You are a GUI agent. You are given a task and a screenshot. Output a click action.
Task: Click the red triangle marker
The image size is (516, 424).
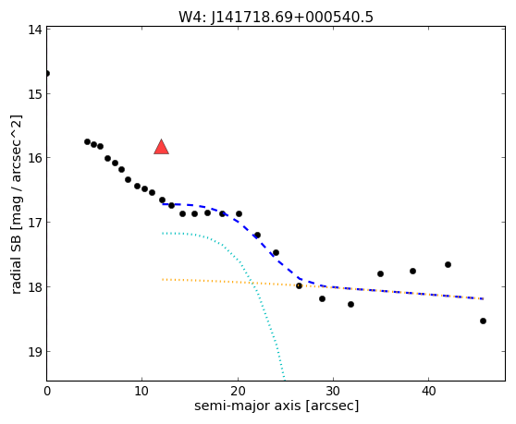click(x=161, y=147)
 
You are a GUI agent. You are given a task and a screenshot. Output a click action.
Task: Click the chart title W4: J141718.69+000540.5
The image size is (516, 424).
click(x=276, y=17)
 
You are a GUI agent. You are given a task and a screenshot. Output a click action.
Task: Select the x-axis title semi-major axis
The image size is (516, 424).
click(x=276, y=406)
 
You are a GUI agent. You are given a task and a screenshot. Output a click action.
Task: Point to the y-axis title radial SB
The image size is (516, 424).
click(x=16, y=204)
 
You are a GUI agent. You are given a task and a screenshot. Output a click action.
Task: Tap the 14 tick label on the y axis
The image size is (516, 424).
click(x=35, y=30)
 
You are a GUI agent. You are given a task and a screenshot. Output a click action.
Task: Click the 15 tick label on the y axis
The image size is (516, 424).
click(x=35, y=94)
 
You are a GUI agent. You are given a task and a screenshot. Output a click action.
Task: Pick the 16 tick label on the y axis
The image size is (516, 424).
click(x=35, y=158)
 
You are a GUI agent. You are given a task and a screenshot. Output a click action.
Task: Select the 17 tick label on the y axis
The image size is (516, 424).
click(x=35, y=223)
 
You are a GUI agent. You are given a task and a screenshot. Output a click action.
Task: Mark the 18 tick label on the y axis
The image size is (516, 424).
click(x=35, y=286)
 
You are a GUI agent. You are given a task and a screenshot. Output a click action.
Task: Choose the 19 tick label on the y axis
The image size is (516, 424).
click(x=35, y=351)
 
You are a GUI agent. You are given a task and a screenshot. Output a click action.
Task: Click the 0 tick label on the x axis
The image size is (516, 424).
click(x=47, y=391)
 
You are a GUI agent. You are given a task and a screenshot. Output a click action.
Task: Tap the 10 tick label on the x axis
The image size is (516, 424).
click(x=141, y=391)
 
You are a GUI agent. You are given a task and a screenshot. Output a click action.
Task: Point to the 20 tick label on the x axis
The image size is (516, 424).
click(x=238, y=391)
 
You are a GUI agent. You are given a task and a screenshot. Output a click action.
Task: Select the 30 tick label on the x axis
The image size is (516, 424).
click(x=333, y=391)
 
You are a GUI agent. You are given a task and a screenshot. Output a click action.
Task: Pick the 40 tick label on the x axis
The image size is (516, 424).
click(x=428, y=391)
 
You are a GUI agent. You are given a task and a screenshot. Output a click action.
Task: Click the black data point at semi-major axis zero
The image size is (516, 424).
click(x=47, y=73)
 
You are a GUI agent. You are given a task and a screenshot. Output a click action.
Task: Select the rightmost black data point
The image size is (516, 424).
click(x=483, y=321)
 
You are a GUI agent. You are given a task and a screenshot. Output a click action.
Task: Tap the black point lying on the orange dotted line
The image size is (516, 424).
click(x=299, y=286)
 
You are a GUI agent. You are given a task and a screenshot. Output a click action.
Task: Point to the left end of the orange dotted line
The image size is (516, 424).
click(x=163, y=279)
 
